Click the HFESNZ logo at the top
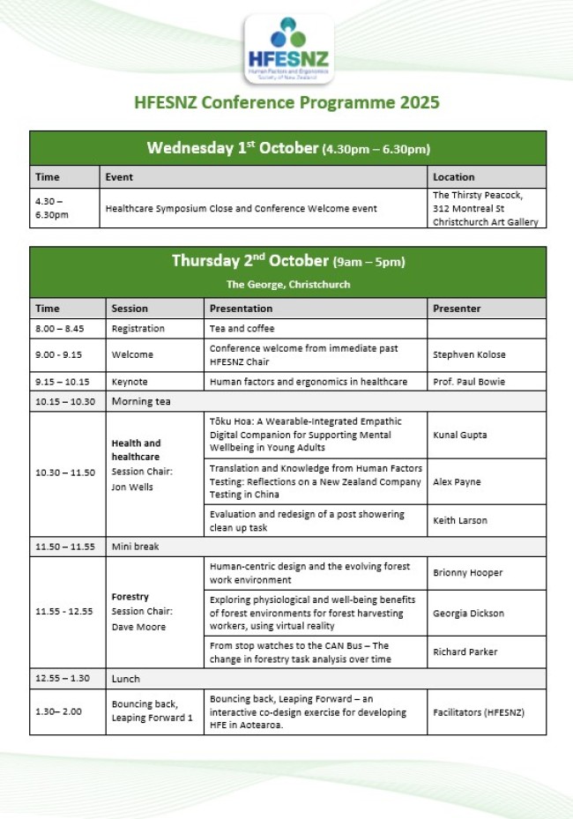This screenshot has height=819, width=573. point(288,50)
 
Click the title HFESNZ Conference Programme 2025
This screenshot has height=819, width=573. point(286,102)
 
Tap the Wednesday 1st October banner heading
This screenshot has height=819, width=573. point(288,148)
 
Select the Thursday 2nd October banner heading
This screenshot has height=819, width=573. point(288,262)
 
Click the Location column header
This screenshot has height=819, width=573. point(454,177)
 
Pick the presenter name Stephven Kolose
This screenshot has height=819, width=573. point(469,355)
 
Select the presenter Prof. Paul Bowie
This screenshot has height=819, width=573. point(470,382)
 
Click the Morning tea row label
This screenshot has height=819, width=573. point(141,401)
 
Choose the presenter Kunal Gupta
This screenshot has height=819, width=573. point(460,436)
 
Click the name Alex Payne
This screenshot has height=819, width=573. point(457,482)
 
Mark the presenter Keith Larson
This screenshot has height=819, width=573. point(460,521)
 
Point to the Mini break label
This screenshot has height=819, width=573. point(135,547)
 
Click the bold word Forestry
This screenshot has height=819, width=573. point(130,597)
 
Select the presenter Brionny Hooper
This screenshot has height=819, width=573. point(467,573)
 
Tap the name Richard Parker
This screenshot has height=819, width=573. point(465,651)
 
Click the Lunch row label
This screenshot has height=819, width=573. point(125,679)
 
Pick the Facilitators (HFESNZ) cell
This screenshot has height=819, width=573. point(478,711)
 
